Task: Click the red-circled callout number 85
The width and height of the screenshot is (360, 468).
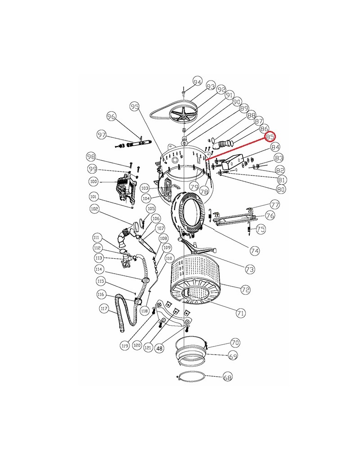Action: point(270,137)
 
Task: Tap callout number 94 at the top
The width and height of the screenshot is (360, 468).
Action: point(197,81)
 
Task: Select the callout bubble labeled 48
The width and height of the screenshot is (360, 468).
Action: point(160,348)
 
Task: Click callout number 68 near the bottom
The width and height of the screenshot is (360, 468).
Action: point(227,377)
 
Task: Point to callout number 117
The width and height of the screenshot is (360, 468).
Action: point(104,309)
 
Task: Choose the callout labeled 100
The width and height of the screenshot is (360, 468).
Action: point(94,181)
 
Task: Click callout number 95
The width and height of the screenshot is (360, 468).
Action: point(135,106)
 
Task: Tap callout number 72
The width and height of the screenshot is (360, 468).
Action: point(245,289)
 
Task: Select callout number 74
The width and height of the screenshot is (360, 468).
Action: point(255,251)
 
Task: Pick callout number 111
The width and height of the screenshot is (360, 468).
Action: point(96,238)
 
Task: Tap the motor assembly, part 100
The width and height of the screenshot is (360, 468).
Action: point(126,189)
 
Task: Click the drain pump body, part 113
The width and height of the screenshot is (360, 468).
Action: point(127,258)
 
